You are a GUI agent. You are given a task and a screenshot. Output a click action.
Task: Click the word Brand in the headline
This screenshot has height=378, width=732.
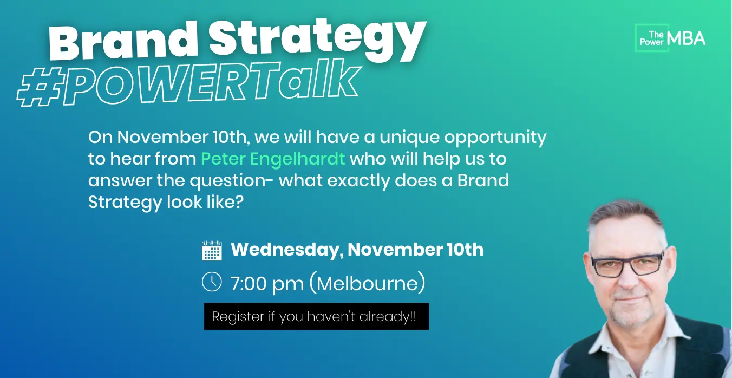tap(123, 42)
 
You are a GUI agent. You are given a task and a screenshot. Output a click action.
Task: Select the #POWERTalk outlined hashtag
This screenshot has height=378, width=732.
tap(189, 83)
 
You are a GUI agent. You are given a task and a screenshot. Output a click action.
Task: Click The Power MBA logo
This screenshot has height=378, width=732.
tap(670, 38)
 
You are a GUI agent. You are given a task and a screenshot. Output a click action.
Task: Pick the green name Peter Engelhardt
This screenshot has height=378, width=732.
tap(273, 159)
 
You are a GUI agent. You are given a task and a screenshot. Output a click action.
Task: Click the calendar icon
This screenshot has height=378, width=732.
tap(212, 251)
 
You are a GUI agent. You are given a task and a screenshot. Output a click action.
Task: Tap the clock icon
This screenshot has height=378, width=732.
tap(212, 281)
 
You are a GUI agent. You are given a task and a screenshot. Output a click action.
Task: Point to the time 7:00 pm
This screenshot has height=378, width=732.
tap(267, 284)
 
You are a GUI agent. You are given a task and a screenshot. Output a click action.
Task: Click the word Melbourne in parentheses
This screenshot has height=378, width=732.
tap(367, 283)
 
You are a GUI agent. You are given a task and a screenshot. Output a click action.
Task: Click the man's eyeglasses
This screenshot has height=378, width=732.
tap(627, 264)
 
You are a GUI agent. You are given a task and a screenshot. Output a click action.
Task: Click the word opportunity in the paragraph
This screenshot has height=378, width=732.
tap(495, 138)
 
